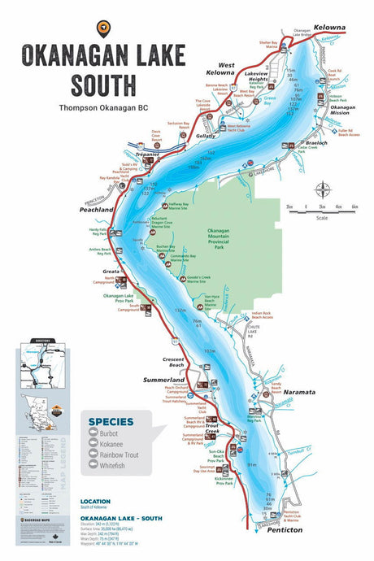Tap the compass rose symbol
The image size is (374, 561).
323,191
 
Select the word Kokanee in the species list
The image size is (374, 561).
119,445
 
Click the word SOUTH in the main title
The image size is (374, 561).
104,84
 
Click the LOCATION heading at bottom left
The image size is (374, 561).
96,502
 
